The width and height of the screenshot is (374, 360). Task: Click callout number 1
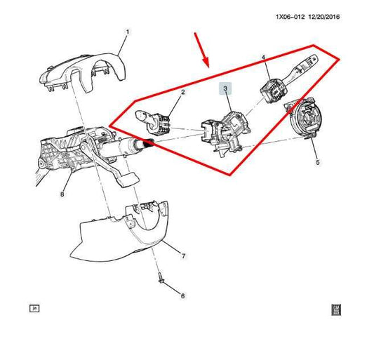pos(128,32)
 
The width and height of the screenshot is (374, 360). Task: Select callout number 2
pos(182,92)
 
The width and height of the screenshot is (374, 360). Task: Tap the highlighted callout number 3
pos(225,88)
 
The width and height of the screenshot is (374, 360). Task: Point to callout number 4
pos(263,58)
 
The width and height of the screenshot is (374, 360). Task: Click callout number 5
pos(317,163)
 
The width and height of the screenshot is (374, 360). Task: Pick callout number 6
pos(182,296)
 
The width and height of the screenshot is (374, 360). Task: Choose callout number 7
pos(183,256)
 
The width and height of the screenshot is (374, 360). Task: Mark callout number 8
pos(62,194)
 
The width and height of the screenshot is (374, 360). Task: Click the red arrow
pos(202,50)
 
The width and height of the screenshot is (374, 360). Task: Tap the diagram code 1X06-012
pos(290,17)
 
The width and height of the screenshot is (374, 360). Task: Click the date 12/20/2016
pos(324,17)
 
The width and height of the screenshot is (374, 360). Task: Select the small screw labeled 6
pos(161,279)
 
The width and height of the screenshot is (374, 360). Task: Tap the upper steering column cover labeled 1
pos(84,72)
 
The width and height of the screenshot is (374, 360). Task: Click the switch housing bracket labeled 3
pos(225,133)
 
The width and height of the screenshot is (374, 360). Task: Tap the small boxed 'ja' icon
pos(34,309)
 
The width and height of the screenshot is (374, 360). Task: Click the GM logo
pos(336,309)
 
